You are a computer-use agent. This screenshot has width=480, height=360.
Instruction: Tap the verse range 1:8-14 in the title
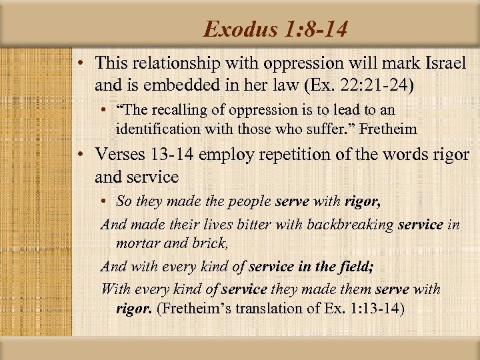click(313, 29)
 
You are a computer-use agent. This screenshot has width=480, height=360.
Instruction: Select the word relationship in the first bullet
click(173, 64)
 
